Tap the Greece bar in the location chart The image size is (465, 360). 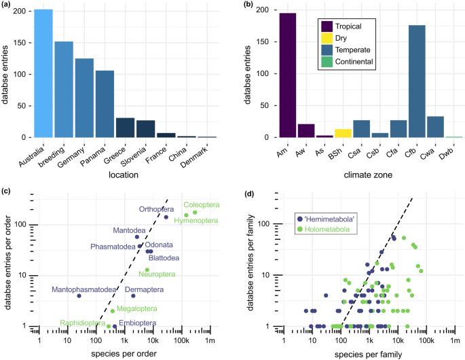click(125, 128)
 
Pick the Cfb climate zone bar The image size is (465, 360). click(416, 82)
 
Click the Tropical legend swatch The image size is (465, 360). click(327, 28)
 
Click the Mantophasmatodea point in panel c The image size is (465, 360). click(79, 296)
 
